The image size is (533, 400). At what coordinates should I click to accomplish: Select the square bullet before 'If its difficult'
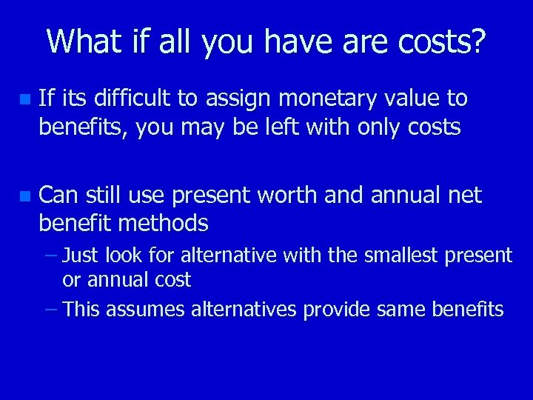[x=26, y=99]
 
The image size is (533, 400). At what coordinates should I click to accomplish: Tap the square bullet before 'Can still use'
[x=26, y=196]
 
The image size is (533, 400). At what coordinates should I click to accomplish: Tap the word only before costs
[x=378, y=128]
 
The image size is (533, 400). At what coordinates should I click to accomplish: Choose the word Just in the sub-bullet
[x=81, y=256]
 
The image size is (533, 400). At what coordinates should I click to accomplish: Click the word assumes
[x=147, y=309]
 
